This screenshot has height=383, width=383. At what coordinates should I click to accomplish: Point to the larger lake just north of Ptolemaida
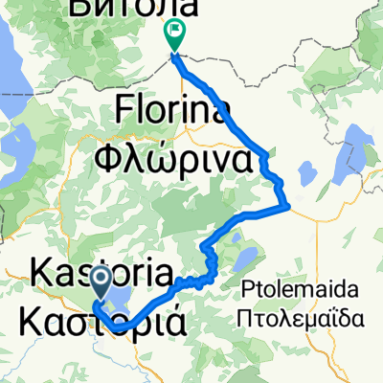pyautogui.click(x=244, y=258)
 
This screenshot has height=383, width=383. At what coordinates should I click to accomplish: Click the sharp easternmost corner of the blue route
pyautogui.click(x=286, y=203)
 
